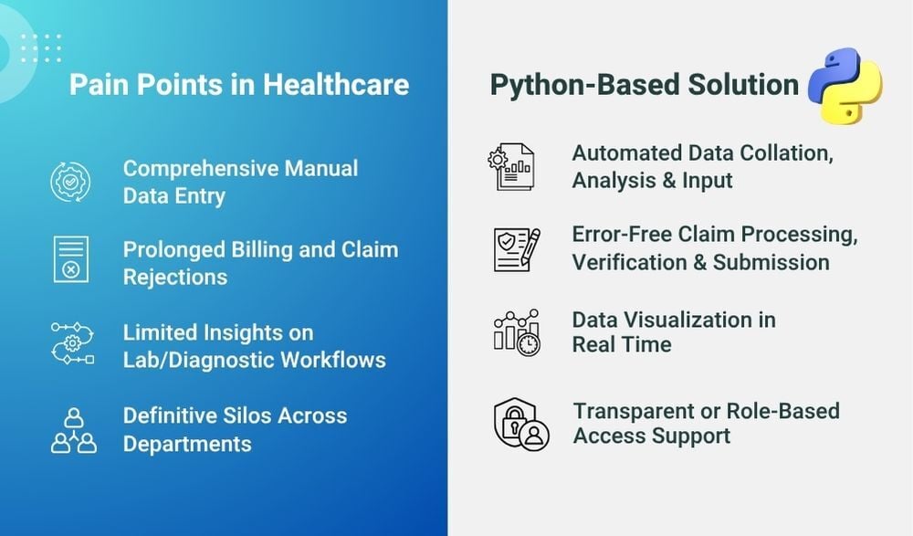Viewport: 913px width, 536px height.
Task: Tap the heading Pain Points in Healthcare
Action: click(x=239, y=86)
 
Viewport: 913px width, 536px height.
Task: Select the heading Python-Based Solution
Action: click(x=645, y=86)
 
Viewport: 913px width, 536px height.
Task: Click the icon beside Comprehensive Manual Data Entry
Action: click(x=70, y=182)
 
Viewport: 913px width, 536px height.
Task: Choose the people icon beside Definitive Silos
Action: click(x=72, y=429)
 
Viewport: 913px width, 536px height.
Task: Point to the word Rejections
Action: click(x=175, y=276)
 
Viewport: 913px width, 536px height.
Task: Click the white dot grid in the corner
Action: click(x=40, y=47)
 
